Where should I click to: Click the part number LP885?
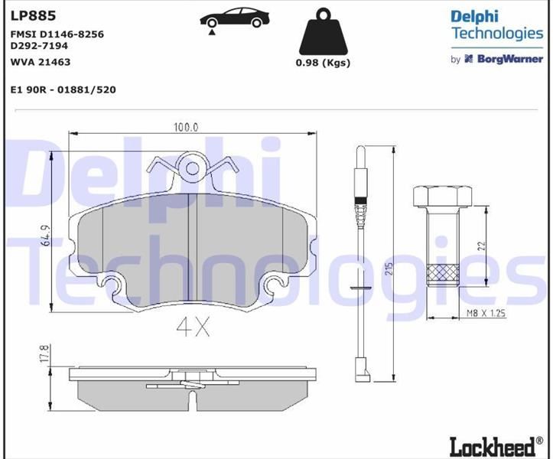click(34, 15)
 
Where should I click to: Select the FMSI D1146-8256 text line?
click(57, 34)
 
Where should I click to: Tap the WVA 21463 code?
click(41, 62)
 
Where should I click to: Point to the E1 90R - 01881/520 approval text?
click(63, 90)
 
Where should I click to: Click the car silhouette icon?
click(235, 19)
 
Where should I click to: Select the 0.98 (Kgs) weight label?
click(323, 63)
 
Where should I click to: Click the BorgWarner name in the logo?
click(510, 59)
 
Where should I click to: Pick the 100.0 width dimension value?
click(186, 127)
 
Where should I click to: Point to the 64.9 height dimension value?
click(46, 236)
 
